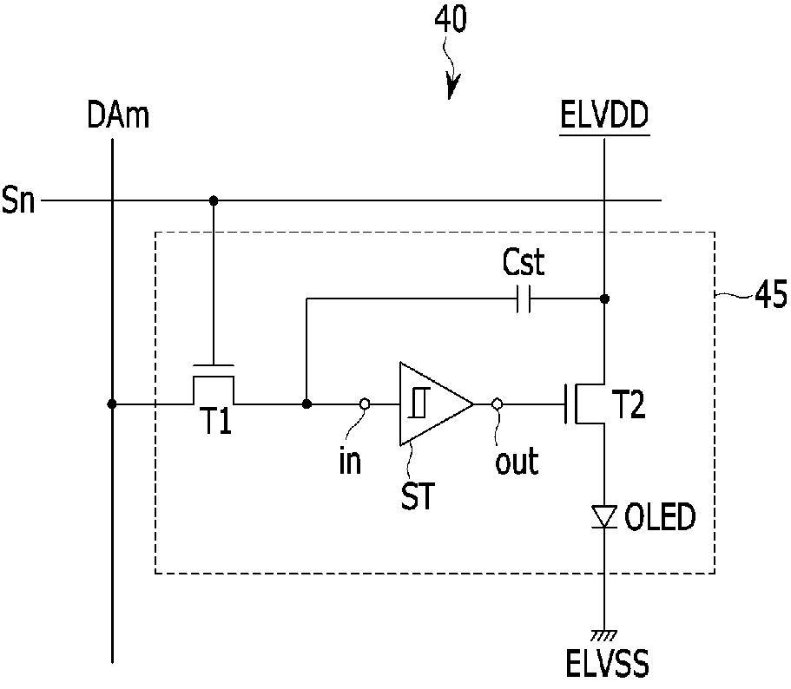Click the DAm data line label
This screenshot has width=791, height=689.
tap(118, 115)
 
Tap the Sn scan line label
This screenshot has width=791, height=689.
tap(18, 200)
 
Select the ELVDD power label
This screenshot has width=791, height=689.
tap(604, 115)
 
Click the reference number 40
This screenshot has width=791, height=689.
tap(451, 20)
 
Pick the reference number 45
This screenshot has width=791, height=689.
tap(771, 294)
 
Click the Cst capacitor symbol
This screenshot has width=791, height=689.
tap(524, 299)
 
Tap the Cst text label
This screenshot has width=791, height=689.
tap(524, 262)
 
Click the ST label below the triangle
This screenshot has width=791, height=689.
tap(417, 495)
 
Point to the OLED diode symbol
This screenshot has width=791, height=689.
tap(604, 517)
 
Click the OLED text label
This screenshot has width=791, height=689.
tap(660, 516)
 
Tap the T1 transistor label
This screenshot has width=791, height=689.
tap(216, 421)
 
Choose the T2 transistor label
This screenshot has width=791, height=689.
tap(629, 404)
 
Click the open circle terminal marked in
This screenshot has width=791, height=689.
tap(365, 404)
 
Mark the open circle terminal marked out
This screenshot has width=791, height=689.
tap(497, 404)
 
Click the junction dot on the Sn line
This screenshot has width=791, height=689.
tap(214, 200)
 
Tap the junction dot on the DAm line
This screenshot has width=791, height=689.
tap(112, 404)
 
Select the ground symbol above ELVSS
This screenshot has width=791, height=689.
tap(604, 634)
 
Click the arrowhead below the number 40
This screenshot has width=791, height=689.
tap(452, 88)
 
